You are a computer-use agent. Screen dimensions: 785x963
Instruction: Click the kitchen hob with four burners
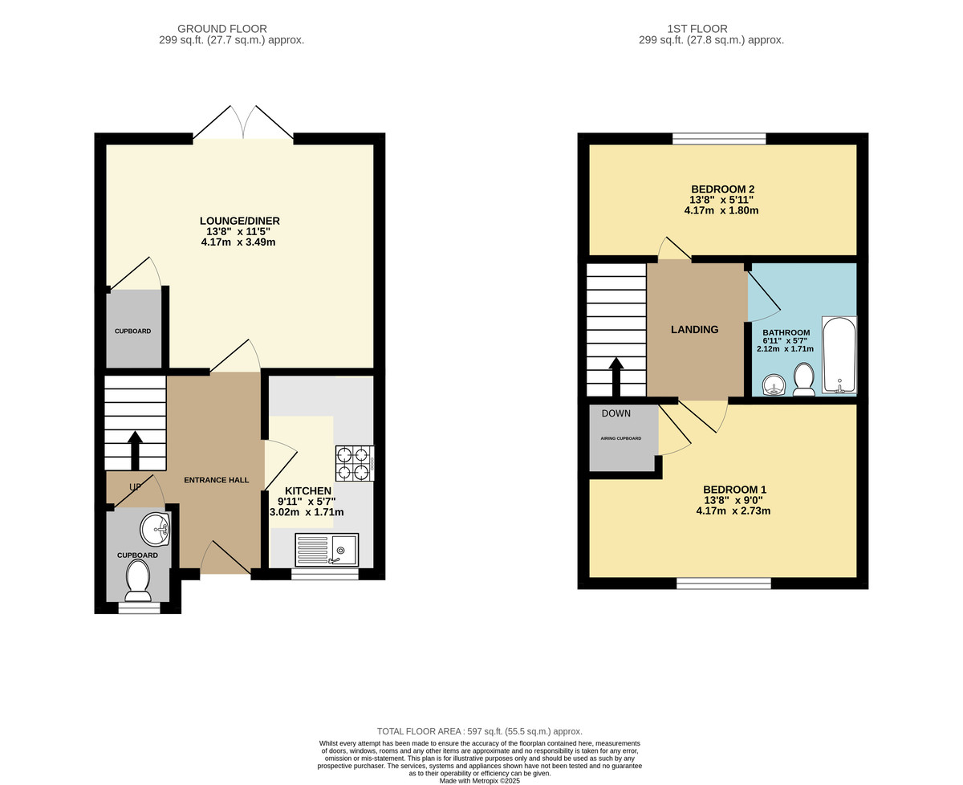click(355, 463)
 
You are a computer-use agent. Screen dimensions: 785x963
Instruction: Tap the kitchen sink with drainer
click(327, 551)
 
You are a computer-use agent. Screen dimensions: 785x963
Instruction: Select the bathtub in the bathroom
click(839, 355)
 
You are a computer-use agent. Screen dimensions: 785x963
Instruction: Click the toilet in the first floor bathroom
click(804, 380)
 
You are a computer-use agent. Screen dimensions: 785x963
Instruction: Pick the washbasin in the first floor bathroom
click(774, 385)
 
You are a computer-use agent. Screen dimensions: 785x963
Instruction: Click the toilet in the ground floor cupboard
click(138, 580)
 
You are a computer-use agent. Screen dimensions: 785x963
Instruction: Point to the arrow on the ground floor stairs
click(135, 450)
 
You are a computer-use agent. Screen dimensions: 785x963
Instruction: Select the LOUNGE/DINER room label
click(239, 221)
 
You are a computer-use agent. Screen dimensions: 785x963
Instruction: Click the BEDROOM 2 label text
click(722, 189)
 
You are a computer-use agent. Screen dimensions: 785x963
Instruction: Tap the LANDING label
click(694, 329)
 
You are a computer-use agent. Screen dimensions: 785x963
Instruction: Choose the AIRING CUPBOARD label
click(620, 438)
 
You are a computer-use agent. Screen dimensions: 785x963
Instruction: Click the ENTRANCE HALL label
click(216, 480)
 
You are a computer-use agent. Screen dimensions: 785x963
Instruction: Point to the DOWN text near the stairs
click(616, 413)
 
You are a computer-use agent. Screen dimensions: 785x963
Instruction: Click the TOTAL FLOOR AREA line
click(479, 731)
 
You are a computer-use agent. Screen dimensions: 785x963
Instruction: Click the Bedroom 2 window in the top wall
click(719, 139)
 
